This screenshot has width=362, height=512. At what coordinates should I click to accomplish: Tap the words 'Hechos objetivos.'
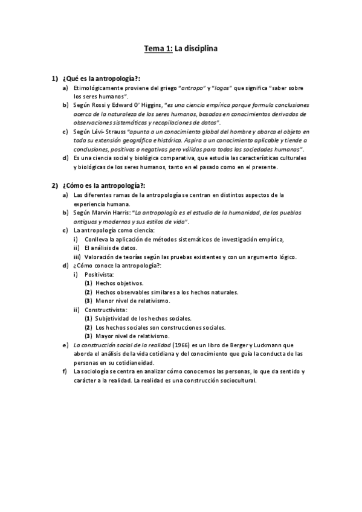(x=120, y=283)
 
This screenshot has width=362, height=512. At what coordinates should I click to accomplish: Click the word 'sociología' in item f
(x=97, y=371)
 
